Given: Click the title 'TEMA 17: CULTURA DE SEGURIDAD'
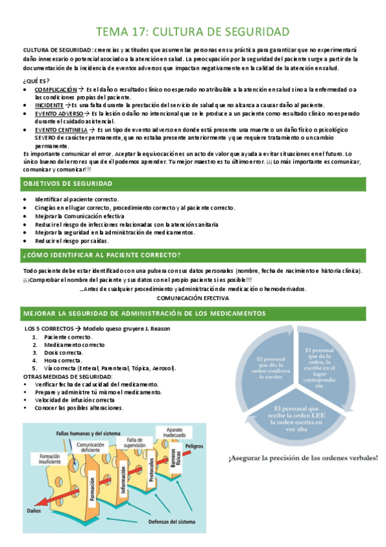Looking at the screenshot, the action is point(193,31).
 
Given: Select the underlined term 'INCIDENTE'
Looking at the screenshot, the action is point(49,104).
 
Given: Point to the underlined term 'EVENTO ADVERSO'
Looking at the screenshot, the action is point(59,114).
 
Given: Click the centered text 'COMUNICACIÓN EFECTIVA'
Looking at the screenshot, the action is point(193,299).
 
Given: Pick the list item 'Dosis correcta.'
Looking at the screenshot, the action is point(64,353).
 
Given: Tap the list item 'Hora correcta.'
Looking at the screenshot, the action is point(63,361).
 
